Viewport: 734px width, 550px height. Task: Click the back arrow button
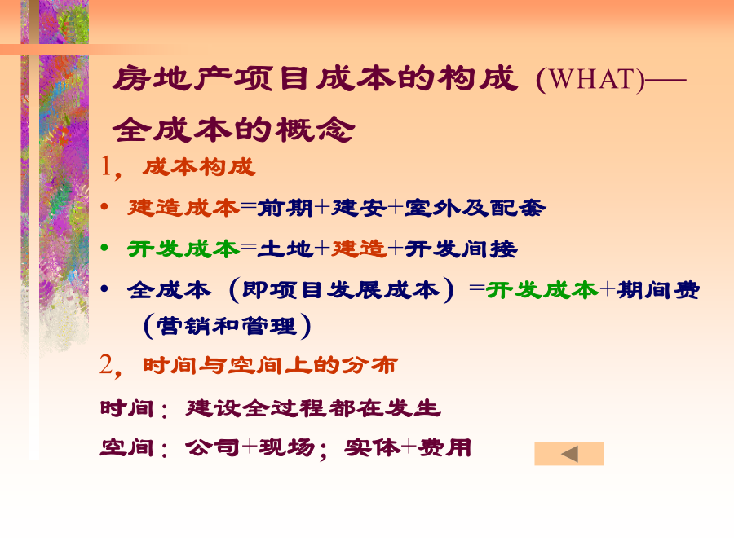[569, 454]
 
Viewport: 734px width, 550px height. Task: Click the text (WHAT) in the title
[590, 79]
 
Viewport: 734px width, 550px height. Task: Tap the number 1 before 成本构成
[106, 166]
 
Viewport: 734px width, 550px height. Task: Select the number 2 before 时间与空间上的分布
[106, 364]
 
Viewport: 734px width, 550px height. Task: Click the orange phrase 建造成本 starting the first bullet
[183, 208]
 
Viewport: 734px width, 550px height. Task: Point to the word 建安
[359, 208]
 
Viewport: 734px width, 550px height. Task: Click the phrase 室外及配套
[475, 208]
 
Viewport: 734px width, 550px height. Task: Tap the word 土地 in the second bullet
[285, 249]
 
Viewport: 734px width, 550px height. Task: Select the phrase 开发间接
[461, 249]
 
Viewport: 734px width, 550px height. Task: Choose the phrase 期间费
[658, 290]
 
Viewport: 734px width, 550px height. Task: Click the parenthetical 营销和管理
[227, 325]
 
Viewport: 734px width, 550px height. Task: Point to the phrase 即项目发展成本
[341, 290]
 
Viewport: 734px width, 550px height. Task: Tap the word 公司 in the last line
[213, 447]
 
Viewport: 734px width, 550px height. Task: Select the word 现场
[286, 447]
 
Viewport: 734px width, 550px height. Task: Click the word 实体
[372, 447]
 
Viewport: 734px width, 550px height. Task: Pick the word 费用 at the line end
[444, 447]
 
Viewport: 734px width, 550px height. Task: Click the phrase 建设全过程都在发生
[313, 408]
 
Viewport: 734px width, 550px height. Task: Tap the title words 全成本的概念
[233, 129]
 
